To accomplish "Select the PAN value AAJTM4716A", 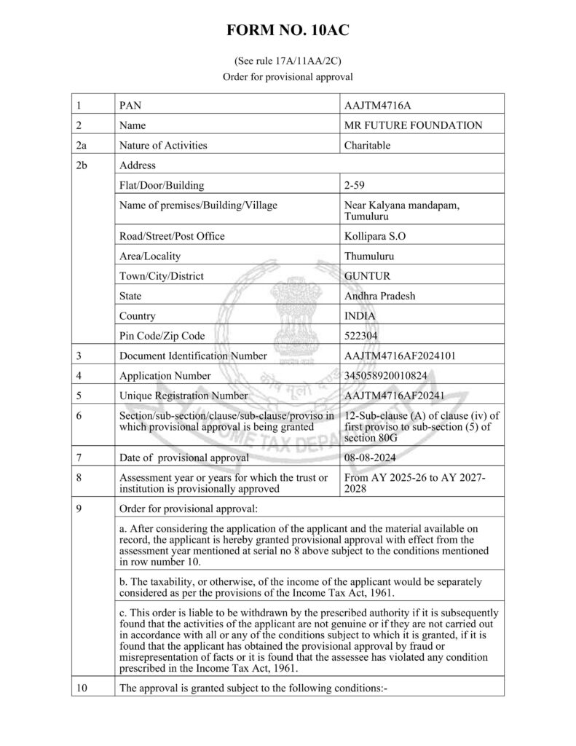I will (x=379, y=106).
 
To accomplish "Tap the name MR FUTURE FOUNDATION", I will (x=413, y=125).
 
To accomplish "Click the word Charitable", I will (x=367, y=145).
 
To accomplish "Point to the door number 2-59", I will (x=355, y=185).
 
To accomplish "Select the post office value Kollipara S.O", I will (x=376, y=236).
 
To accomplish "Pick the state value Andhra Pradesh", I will (x=379, y=296).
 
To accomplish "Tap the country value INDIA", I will (x=360, y=316).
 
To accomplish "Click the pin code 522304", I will (x=362, y=336).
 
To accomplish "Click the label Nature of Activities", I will (x=163, y=145).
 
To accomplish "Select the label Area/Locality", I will (x=150, y=256).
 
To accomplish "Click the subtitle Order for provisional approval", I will (x=288, y=76).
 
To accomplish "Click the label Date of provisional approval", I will (x=184, y=458).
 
